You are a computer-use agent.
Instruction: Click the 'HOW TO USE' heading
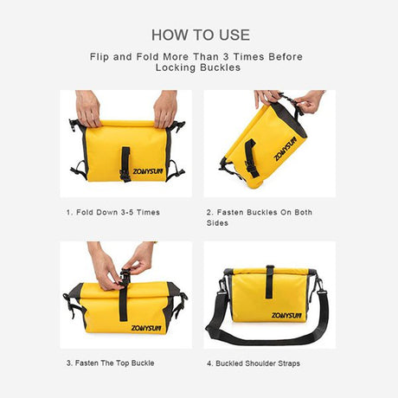pyautogui.click(x=201, y=35)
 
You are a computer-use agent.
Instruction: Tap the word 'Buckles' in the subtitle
pyautogui.click(x=221, y=67)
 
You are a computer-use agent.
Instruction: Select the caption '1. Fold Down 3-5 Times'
pyautogui.click(x=113, y=213)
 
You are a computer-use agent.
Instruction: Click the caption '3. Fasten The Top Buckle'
pyautogui.click(x=111, y=363)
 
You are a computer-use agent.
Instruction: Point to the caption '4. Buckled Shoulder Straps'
pyautogui.click(x=254, y=363)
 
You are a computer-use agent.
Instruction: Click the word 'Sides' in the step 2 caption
pyautogui.click(x=217, y=223)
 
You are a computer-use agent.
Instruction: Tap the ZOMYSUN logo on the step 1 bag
pyautogui.click(x=148, y=171)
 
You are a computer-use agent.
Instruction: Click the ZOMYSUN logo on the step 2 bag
pyautogui.click(x=286, y=149)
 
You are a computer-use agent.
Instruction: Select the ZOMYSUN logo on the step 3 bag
pyautogui.click(x=146, y=328)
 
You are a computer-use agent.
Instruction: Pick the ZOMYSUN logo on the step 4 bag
pyautogui.click(x=286, y=316)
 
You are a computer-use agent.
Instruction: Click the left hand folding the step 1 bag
pyautogui.click(x=88, y=108)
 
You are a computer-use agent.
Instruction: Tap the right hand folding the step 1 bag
pyautogui.click(x=165, y=109)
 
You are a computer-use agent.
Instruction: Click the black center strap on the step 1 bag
pyautogui.click(x=125, y=164)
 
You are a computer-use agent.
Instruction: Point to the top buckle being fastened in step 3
pyautogui.click(x=125, y=277)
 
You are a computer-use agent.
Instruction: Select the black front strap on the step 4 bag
pyautogui.click(x=270, y=281)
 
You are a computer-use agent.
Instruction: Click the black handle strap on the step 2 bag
pyautogui.click(x=252, y=157)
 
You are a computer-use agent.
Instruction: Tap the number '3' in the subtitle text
pyautogui.click(x=226, y=56)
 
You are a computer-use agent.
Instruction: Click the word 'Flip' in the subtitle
pyautogui.click(x=99, y=57)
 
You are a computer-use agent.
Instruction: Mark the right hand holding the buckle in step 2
pyautogui.click(x=309, y=102)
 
